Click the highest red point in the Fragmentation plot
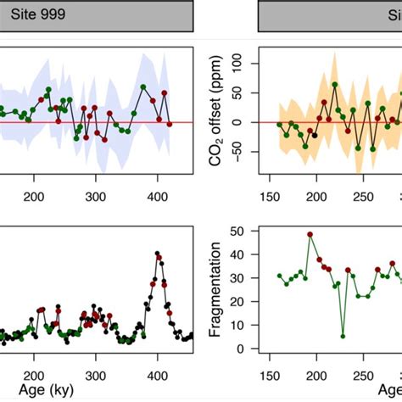[310, 234]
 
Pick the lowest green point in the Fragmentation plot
[343, 336]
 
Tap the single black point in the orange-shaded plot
[315, 134]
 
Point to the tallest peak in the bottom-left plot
[158, 254]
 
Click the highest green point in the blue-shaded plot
[143, 87]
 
